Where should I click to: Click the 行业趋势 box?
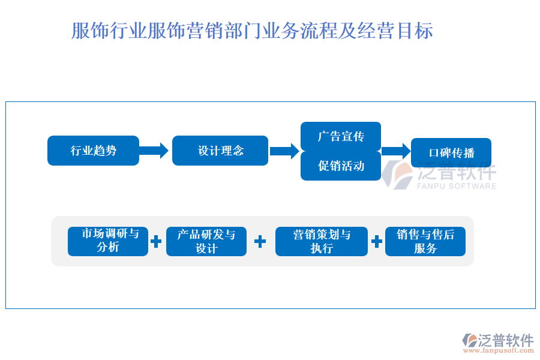tap(93, 151)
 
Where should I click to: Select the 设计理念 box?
tap(220, 151)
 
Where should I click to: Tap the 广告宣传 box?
tap(341, 136)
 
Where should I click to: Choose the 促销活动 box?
tap(341, 166)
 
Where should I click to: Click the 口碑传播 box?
tap(451, 152)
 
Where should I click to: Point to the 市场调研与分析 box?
tap(108, 241)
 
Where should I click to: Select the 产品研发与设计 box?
tap(206, 241)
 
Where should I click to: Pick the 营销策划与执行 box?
tap(321, 241)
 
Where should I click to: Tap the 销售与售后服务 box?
tap(425, 241)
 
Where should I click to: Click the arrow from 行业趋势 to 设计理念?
tap(155, 151)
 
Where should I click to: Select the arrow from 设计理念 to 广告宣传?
tap(284, 151)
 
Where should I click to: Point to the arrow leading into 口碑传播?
tap(395, 151)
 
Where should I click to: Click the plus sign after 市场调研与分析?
tap(156, 241)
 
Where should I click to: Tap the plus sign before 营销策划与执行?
tap(260, 241)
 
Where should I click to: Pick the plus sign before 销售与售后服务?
tap(376, 241)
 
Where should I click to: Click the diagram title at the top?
tap(252, 31)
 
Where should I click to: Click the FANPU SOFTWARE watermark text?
tap(457, 187)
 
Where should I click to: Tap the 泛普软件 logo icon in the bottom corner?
tap(469, 341)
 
